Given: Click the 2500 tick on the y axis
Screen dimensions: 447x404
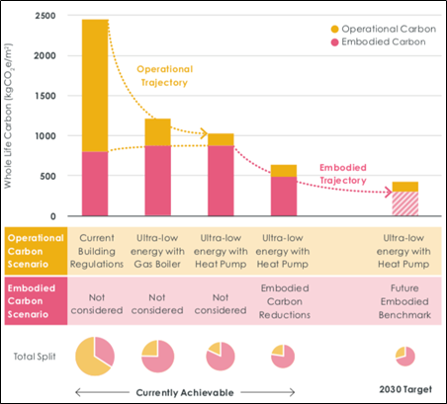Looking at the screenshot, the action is coord(45,16).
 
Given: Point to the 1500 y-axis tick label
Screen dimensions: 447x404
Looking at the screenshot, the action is coord(45,96).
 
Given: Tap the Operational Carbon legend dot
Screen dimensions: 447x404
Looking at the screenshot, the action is coord(334,29).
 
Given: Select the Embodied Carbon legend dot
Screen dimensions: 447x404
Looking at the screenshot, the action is coord(334,42).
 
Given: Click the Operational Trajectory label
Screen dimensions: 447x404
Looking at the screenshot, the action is coord(164,76).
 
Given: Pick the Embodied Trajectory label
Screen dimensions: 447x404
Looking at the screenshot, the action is coord(343,174).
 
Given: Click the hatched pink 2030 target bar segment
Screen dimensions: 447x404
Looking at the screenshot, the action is coord(405,203).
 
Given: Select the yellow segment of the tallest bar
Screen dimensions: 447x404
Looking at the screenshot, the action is coord(95,86).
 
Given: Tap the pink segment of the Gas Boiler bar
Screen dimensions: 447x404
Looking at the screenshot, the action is coord(158,181).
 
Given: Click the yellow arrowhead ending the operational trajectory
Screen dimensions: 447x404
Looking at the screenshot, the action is coord(204,133).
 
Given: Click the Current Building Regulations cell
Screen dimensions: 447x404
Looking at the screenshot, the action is coord(97,251).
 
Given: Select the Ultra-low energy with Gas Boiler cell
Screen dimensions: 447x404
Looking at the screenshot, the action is coord(157,251).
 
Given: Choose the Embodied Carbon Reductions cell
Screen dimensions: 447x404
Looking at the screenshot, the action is coord(285,301).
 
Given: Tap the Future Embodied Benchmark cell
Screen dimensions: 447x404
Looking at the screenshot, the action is coord(404,301).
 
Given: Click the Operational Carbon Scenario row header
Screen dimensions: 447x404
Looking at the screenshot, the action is coord(36,251).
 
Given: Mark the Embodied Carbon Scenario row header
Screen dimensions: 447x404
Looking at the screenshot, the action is coord(36,301).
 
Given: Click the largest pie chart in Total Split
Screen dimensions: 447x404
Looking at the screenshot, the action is coord(95,357).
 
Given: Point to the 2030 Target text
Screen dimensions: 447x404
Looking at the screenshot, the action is coord(405,389).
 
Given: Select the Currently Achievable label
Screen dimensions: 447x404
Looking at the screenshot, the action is coord(185,392).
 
